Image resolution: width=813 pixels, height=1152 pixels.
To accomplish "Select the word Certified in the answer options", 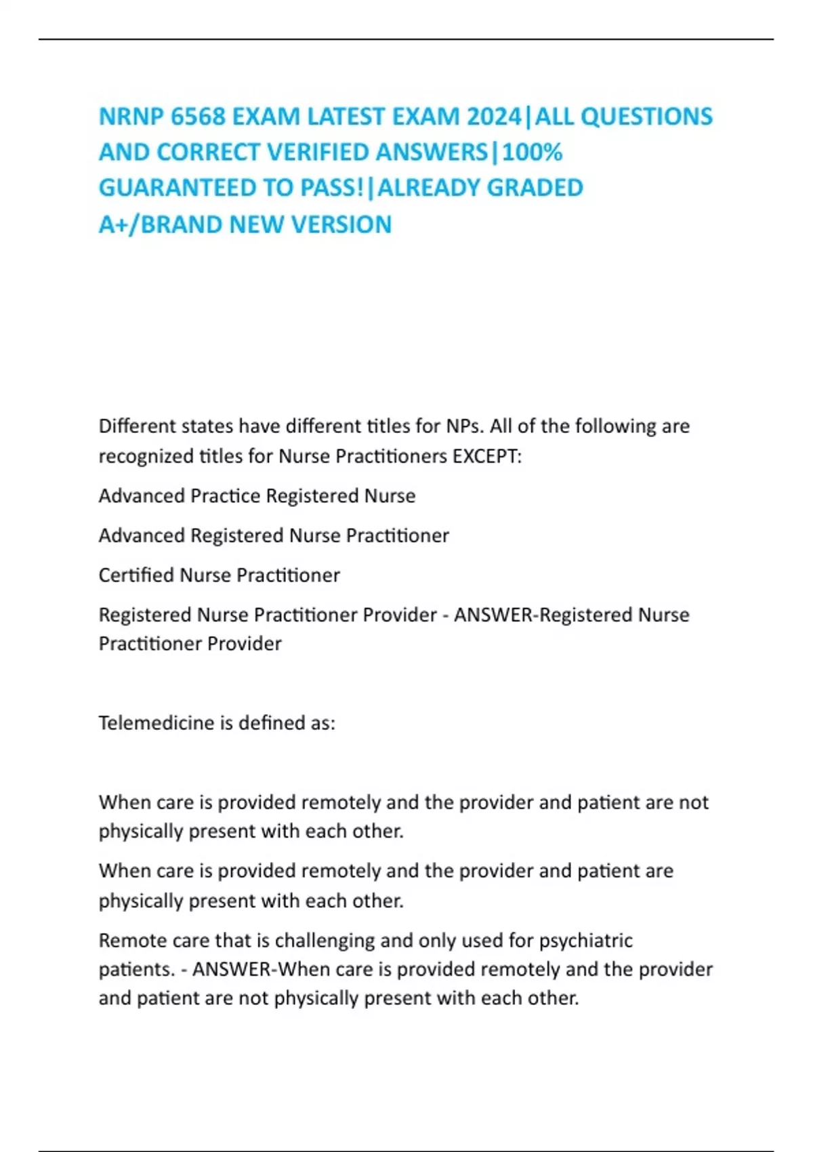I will point(136,575).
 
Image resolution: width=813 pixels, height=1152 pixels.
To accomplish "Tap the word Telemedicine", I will point(157,723).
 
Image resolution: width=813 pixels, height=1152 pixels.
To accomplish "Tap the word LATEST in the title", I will point(348,117).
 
